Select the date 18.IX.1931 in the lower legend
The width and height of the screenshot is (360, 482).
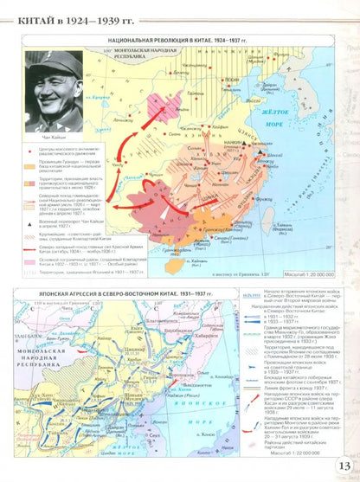tap(252, 294)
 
